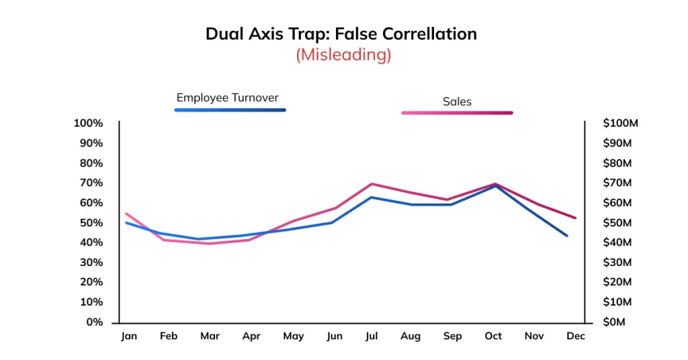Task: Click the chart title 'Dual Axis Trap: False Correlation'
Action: [x=341, y=34]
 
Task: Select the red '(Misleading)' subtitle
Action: [x=343, y=54]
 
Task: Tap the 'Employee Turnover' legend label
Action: [x=227, y=97]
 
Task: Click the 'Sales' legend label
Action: [x=457, y=101]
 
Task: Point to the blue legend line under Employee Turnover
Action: [x=230, y=109]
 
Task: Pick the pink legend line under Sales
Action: [x=457, y=113]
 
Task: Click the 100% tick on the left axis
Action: [x=88, y=123]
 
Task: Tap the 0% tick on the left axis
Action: [x=93, y=322]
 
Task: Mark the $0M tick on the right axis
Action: [x=613, y=322]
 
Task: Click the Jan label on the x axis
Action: [x=128, y=336]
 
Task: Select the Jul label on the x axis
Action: [x=371, y=336]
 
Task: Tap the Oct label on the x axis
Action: [x=493, y=336]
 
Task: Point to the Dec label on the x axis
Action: [x=575, y=336]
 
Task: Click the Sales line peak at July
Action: [x=372, y=183]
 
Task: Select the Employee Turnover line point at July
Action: [x=372, y=197]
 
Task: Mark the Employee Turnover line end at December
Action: [x=567, y=236]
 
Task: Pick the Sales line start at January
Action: [x=126, y=214]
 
